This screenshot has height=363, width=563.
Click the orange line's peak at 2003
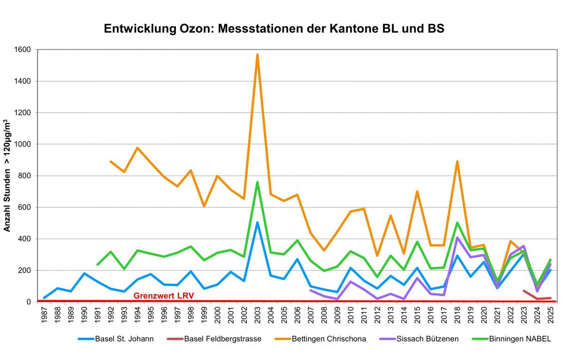coord(257,55)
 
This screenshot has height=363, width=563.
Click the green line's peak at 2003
coord(257,182)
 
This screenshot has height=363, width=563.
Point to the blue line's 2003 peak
coord(257,222)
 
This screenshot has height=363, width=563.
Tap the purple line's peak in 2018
coord(457,237)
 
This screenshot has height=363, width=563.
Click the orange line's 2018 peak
coord(457,162)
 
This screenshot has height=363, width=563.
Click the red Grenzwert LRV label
coord(163,296)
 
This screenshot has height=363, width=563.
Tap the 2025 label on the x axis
coord(550,314)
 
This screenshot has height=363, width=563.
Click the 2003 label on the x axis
coord(258,314)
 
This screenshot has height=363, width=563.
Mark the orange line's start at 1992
coord(111,162)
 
